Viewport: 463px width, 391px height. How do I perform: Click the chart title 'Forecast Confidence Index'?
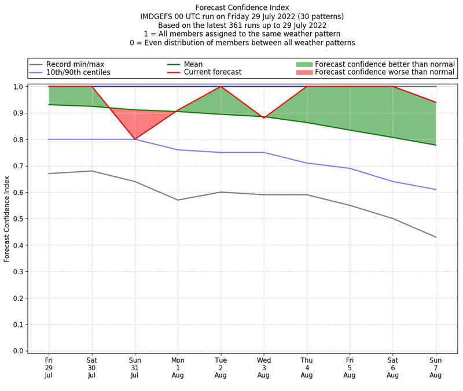[241, 7]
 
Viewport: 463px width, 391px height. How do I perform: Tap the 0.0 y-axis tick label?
[18, 351]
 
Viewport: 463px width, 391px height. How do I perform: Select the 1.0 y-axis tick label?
[18, 87]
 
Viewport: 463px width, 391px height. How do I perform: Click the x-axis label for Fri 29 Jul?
[49, 367]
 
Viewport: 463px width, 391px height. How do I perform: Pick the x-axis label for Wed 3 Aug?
[264, 367]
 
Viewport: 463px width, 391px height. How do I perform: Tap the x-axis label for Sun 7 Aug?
[436, 367]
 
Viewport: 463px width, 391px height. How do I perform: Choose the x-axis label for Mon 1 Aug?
[178, 367]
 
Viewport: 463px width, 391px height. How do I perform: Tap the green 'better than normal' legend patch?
[304, 64]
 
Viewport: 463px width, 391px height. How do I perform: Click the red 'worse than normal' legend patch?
[304, 72]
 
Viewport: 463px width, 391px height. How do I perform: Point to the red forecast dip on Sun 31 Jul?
[135, 139]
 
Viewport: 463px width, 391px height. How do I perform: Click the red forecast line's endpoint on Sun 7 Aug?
[436, 102]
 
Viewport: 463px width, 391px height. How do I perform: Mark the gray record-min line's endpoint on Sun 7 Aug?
[436, 237]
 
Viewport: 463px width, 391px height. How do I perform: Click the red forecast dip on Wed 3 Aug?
[264, 118]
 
